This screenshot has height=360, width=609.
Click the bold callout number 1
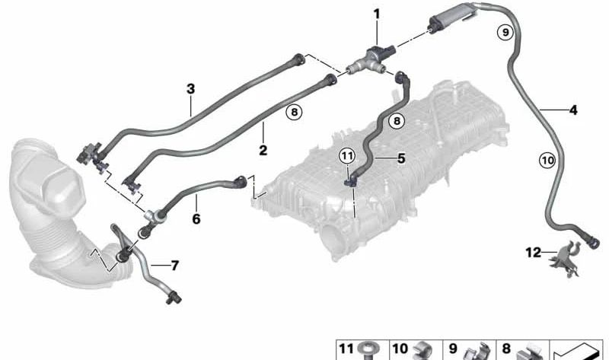click(376, 14)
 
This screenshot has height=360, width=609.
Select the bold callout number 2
click(263, 150)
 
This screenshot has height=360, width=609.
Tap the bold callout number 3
click(190, 89)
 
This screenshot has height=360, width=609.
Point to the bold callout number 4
click(573, 110)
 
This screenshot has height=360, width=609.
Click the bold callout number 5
click(401, 158)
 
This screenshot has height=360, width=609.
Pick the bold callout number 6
click(196, 219)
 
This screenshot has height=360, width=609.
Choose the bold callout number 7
click(175, 266)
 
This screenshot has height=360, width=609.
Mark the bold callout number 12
click(534, 253)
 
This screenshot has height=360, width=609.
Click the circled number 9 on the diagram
click(505, 32)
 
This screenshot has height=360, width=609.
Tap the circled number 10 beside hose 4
click(547, 160)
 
